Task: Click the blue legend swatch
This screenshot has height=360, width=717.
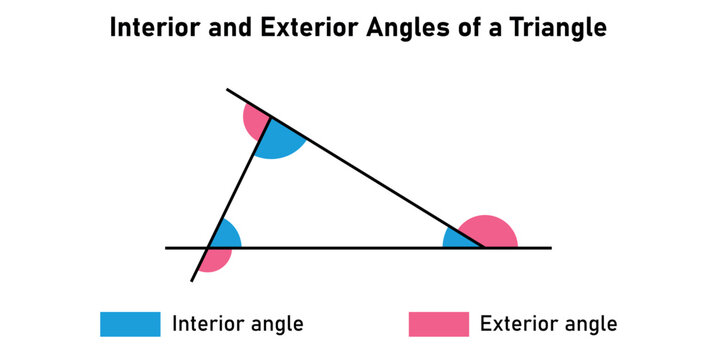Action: click(130, 324)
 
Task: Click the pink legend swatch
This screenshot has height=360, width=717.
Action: click(438, 324)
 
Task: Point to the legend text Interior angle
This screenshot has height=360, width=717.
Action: click(238, 324)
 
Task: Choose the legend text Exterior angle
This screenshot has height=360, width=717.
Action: click(548, 324)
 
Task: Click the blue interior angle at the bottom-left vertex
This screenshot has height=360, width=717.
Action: click(225, 236)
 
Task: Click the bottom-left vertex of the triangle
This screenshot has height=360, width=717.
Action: click(208, 247)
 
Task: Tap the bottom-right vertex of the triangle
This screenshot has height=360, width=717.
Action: click(485, 247)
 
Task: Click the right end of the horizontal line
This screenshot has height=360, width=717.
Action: click(550, 247)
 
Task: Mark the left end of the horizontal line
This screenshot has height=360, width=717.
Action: click(167, 247)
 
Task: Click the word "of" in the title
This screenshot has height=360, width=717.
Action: click(465, 29)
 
